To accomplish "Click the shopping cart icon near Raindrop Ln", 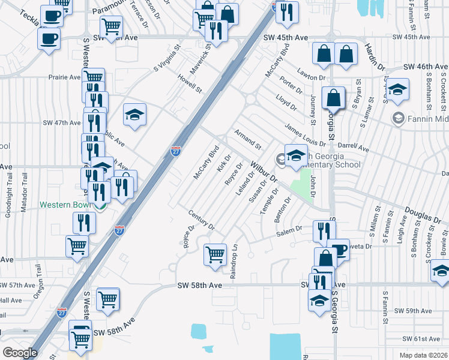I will pyautogui.click(x=215, y=254).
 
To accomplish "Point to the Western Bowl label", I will pyautogui.click(x=65, y=204).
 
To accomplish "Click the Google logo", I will pyautogui.click(x=20, y=353).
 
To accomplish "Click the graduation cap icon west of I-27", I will pyautogui.click(x=134, y=115).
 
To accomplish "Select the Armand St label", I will pyautogui.click(x=248, y=139).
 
